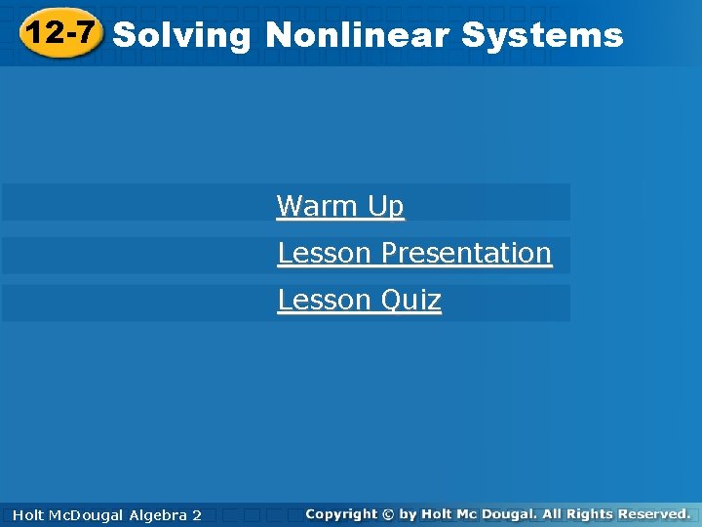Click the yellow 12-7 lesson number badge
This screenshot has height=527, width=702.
point(60,33)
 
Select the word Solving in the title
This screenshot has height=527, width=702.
point(182,36)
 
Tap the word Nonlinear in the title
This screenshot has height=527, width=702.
point(357,36)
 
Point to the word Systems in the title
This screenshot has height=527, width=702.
point(542,36)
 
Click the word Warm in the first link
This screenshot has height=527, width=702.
point(318,207)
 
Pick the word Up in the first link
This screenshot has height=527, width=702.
point(386,207)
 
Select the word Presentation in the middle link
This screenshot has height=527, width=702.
point(466,254)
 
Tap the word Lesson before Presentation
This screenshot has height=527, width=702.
point(325,254)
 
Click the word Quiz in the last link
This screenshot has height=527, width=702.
point(410,300)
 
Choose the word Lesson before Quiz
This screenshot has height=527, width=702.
point(325,300)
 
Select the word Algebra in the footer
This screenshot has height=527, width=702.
point(159,514)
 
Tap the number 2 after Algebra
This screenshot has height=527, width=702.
point(197,514)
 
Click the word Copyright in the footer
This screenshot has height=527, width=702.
point(340,513)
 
